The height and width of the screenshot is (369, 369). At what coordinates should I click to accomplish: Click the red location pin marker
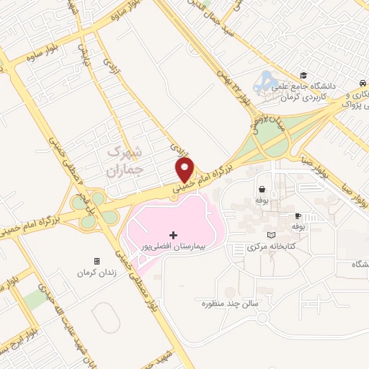[185, 169]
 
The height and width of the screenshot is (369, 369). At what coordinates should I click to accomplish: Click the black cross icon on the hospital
[173, 235]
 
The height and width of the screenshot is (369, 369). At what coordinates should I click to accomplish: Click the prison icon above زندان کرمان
[97, 261]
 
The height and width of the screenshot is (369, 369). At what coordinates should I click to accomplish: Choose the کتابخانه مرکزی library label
[263, 246]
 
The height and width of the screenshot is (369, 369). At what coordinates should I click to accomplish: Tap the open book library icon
[270, 235]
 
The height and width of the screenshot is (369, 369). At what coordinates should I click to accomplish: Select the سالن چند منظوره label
[235, 303]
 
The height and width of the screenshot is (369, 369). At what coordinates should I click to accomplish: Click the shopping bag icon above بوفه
[259, 191]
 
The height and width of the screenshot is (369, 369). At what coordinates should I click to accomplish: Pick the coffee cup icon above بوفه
[296, 215]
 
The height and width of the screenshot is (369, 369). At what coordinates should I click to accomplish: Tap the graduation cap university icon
[304, 75]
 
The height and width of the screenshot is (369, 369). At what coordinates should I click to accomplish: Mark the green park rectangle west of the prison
[32, 298]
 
